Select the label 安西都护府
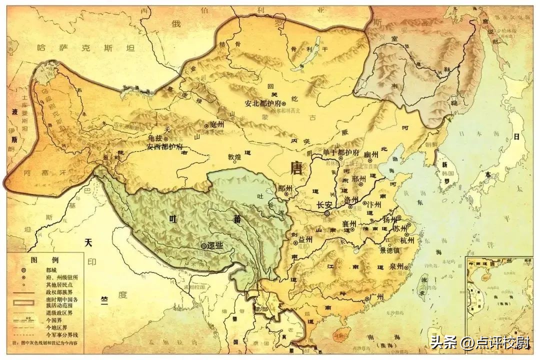pos(164,147)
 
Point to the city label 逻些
pos(214,246)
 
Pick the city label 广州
pos(376,297)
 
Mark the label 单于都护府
pos(341,151)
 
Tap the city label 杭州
pos(407,239)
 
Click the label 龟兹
pos(155,138)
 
